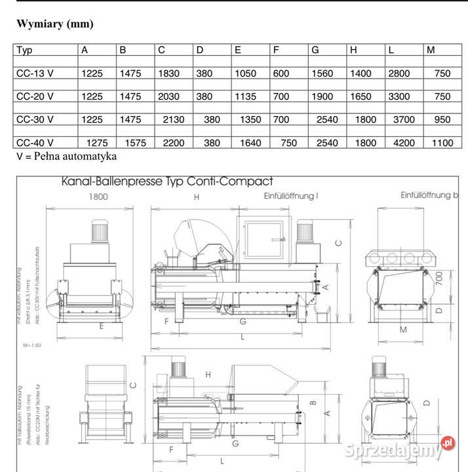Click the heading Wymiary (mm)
(x=55, y=24)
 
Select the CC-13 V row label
(x=35, y=73)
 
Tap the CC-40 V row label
(x=35, y=143)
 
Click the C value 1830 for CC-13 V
(x=168, y=73)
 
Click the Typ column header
(x=24, y=50)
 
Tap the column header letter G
(x=315, y=50)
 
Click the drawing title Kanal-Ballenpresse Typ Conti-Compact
(x=166, y=181)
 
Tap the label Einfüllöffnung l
(x=291, y=196)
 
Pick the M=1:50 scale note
(x=31, y=344)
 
